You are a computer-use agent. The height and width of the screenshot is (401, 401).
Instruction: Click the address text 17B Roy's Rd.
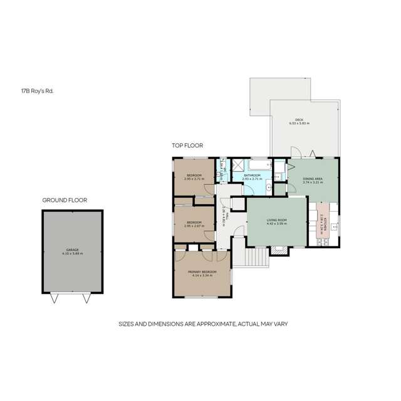[37, 91]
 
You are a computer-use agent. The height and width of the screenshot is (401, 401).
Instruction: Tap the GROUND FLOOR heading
[65, 200]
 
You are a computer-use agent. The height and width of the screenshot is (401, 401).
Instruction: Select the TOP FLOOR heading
[187, 145]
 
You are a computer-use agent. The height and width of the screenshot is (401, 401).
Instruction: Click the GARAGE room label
[73, 249]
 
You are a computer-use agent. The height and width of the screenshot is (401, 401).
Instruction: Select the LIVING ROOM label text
[276, 220]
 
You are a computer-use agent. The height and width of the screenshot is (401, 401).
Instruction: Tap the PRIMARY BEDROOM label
[202, 271]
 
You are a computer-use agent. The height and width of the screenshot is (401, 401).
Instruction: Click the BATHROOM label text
[252, 176]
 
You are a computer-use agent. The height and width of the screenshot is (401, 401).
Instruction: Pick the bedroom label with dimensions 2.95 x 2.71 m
[193, 175]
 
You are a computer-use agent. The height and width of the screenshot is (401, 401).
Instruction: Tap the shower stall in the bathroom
[238, 165]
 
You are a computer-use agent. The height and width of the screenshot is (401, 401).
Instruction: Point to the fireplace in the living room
[279, 251]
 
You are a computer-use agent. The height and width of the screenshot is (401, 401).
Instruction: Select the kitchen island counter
[323, 221]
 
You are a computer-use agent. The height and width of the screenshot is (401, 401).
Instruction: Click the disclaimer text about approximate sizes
[203, 324]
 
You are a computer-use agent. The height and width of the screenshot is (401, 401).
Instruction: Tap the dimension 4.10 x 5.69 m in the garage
[73, 254]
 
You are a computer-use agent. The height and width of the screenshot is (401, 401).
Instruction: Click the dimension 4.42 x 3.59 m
[276, 224]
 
